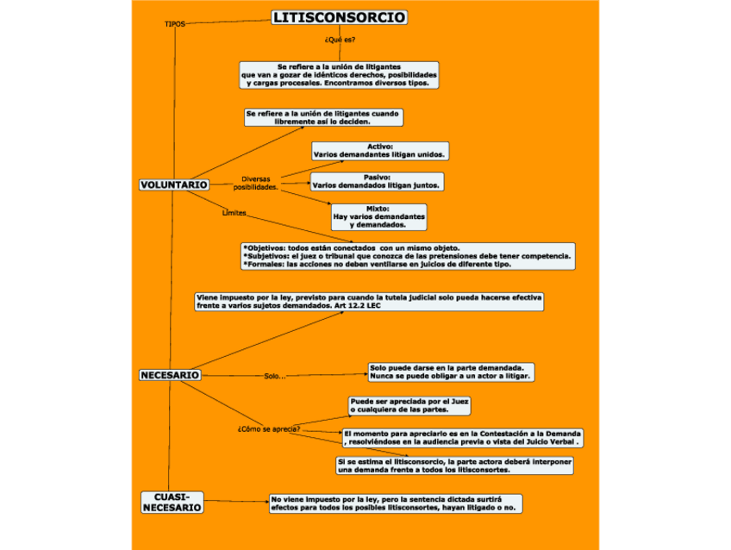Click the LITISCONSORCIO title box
tap(339, 18)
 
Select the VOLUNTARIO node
tap(173, 184)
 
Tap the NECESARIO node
tap(170, 375)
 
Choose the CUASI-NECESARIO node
tap(172, 503)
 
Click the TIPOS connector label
tap(175, 24)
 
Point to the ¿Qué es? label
tap(340, 40)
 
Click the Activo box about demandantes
tap(379, 151)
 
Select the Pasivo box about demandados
tap(377, 181)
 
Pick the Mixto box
tap(378, 216)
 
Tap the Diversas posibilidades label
tap(255, 183)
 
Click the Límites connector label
tap(234, 212)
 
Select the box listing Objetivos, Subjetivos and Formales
tap(407, 256)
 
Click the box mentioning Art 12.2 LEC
tap(369, 302)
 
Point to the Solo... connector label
tap(274, 376)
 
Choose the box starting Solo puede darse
tap(451, 372)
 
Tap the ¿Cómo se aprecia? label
tap(268, 428)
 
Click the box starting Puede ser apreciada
tap(409, 405)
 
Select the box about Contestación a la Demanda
tap(462, 437)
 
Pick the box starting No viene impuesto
tap(395, 503)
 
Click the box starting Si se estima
tap(454, 466)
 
